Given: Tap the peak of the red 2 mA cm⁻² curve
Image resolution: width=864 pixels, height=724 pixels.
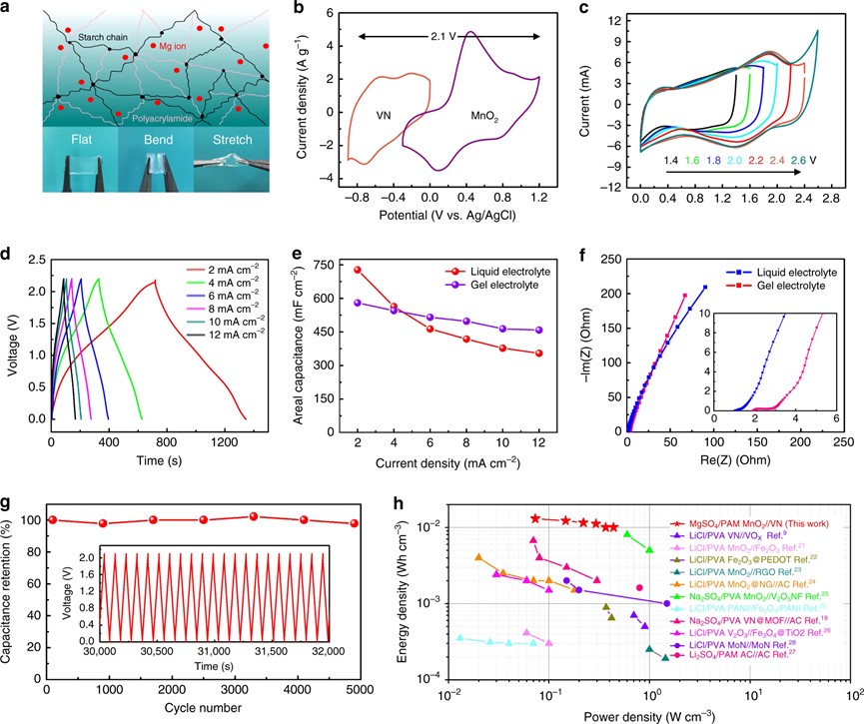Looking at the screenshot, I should coord(155,283).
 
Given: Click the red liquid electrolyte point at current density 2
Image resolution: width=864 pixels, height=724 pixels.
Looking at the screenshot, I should coord(358,270).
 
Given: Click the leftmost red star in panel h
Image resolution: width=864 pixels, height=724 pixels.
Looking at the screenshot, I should coord(535,518).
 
